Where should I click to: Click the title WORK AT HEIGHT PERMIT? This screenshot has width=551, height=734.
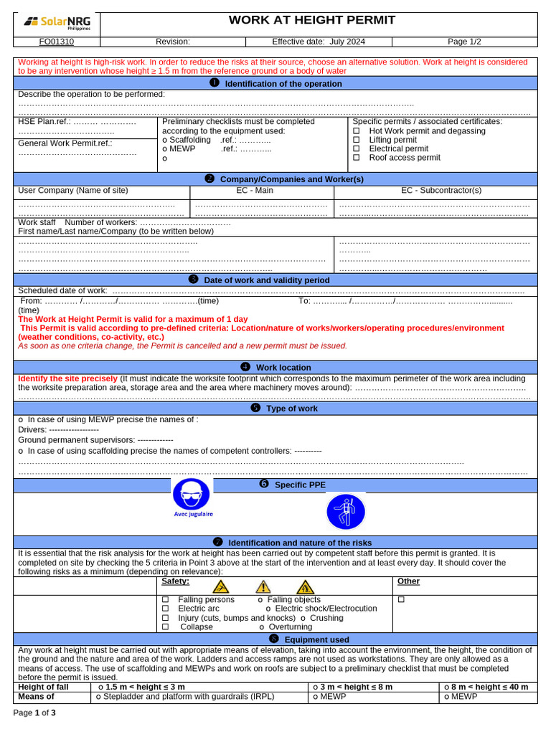pyautogui.click(x=311, y=20)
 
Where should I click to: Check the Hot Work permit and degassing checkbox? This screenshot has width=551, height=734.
pyautogui.click(x=357, y=131)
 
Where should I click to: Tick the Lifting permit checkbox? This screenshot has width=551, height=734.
pyautogui.click(x=357, y=140)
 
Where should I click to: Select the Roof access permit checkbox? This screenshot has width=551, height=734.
pyautogui.click(x=357, y=158)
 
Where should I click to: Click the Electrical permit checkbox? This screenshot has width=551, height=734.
pyautogui.click(x=357, y=149)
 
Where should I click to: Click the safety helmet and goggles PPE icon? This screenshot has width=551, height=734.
pyautogui.click(x=192, y=495)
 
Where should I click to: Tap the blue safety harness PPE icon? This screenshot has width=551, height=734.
pyautogui.click(x=346, y=512)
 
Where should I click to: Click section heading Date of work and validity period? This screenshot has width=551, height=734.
pyautogui.click(x=266, y=280)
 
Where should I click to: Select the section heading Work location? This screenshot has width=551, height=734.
pyautogui.click(x=283, y=368)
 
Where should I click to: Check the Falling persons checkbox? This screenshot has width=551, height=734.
pyautogui.click(x=165, y=600)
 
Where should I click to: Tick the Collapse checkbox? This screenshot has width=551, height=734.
pyautogui.click(x=165, y=627)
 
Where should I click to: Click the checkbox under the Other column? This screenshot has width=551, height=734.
pyautogui.click(x=402, y=600)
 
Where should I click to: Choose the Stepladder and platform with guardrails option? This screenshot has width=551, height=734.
pyautogui.click(x=186, y=696)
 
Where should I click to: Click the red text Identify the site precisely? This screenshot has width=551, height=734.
pyautogui.click(x=67, y=378)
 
